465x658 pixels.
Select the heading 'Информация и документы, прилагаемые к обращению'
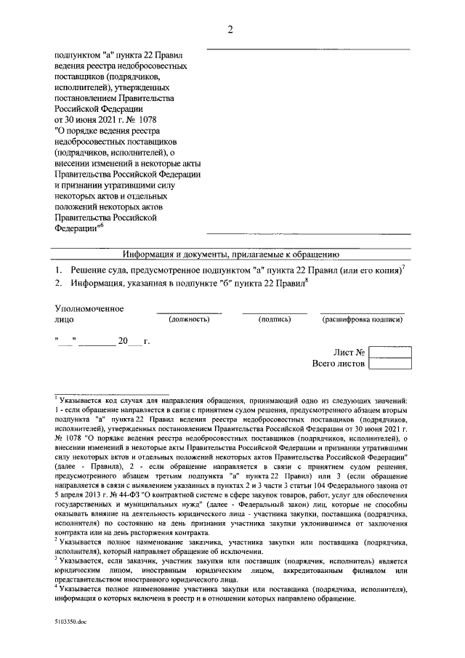(x=230, y=254)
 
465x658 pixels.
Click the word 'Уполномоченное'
(x=89, y=308)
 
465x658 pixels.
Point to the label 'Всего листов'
(x=338, y=364)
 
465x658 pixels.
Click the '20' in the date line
(x=124, y=340)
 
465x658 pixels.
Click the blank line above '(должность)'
(x=189, y=313)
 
